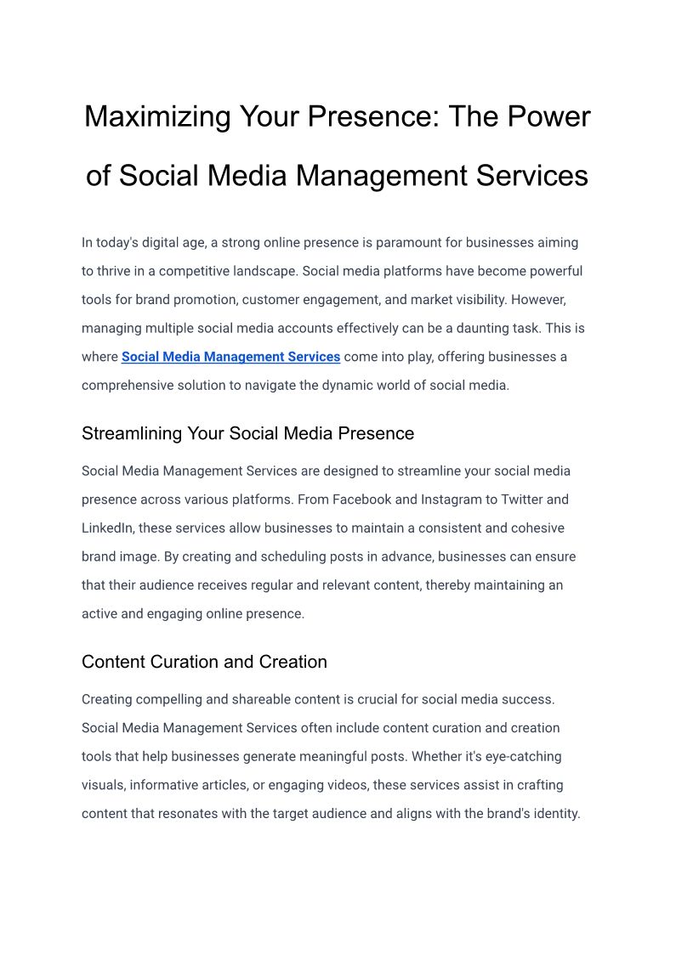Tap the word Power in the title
click(548, 116)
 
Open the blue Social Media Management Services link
click(230, 357)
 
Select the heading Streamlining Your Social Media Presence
click(247, 433)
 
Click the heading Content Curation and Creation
click(204, 662)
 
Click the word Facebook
click(361, 500)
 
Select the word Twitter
click(524, 500)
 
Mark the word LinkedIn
click(107, 528)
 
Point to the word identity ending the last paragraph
click(554, 813)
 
